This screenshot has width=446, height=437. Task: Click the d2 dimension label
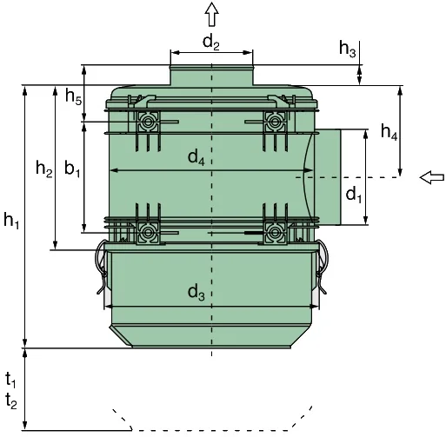pos(211,43)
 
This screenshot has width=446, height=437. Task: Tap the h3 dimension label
pos(348,49)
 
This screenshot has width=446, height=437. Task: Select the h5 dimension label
pos(74,96)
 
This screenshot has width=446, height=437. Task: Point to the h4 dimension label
pos(389,132)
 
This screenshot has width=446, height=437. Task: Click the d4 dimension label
pos(196,158)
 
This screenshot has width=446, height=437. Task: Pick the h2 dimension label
pos(44,169)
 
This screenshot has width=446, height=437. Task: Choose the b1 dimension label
pos(72,169)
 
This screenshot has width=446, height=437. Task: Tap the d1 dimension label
pos(354,195)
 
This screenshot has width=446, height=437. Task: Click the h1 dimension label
pos(11,221)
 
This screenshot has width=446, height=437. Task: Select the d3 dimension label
pos(196,292)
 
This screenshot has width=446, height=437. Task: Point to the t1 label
pos(10,380)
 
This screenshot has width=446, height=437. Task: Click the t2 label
pos(11,401)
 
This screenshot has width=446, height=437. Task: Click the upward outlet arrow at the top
pos(211,14)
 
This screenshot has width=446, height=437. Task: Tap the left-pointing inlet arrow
pos(432,177)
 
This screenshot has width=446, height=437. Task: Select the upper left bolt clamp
pos(148,122)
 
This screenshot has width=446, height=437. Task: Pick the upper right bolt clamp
pos(275,122)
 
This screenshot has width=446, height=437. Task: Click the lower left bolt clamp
pos(148,232)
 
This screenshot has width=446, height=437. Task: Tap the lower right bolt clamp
pos(275,232)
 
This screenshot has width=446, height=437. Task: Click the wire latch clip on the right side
pos(322,267)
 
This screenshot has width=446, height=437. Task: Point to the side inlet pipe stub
pos(328,177)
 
